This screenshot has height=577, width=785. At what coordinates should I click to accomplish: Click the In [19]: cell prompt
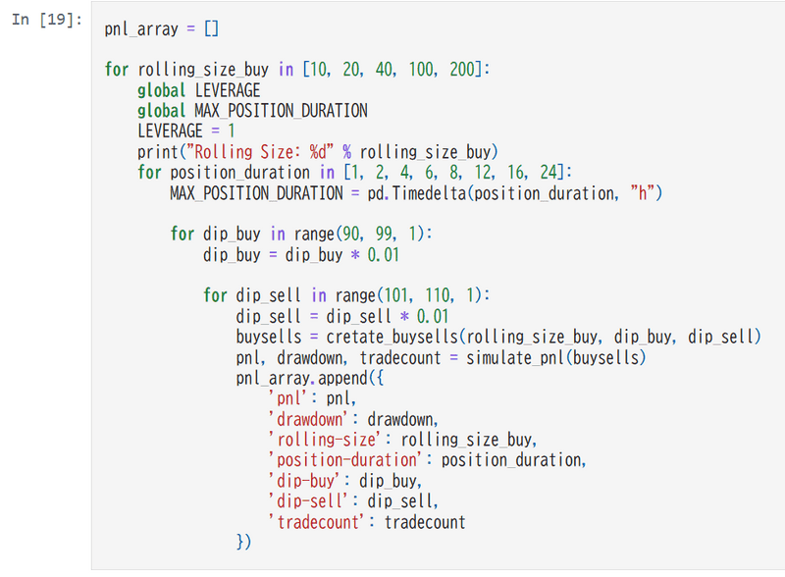[x=47, y=20]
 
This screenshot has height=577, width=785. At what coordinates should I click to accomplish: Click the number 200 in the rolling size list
[x=462, y=69]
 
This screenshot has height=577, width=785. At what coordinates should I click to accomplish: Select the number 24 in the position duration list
[x=549, y=173]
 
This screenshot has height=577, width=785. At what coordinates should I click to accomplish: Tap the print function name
[x=158, y=152]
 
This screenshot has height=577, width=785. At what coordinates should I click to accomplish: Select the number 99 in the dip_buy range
[x=384, y=234]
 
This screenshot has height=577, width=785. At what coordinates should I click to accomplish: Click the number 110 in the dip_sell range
[x=438, y=295]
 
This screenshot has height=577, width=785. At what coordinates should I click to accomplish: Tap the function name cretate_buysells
[x=392, y=337]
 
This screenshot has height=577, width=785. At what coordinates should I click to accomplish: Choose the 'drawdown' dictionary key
[x=308, y=419]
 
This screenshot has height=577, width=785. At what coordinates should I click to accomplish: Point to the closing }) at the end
[x=243, y=542]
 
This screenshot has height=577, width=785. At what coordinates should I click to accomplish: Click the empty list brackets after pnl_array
[x=211, y=28]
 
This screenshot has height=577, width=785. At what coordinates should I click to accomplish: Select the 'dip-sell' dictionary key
[x=308, y=500]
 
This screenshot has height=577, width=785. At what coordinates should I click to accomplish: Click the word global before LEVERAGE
[x=161, y=90]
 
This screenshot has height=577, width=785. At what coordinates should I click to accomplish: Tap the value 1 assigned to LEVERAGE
[x=231, y=131]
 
